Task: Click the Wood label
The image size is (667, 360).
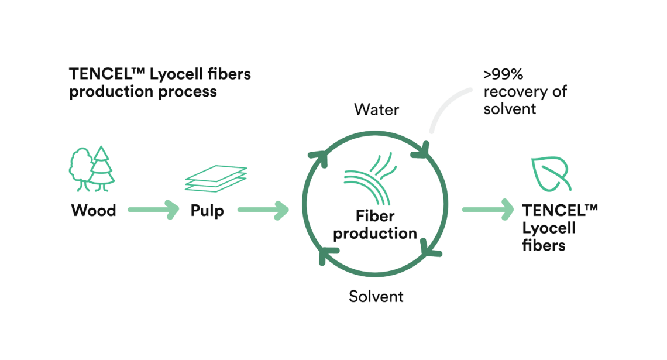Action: coord(94,210)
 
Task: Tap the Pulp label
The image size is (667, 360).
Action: coord(207,210)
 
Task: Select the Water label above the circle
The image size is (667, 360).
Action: coord(377,109)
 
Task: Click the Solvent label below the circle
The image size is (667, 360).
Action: coord(376,296)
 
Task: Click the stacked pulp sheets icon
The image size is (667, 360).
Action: coord(216,178)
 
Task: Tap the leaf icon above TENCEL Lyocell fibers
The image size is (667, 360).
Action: coord(550,174)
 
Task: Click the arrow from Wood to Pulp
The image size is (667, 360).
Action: coord(153,209)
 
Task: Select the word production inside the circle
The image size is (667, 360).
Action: coord(375,234)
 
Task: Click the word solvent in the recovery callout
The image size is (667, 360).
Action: coord(510,109)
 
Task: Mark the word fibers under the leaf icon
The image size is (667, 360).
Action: coord(544,245)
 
